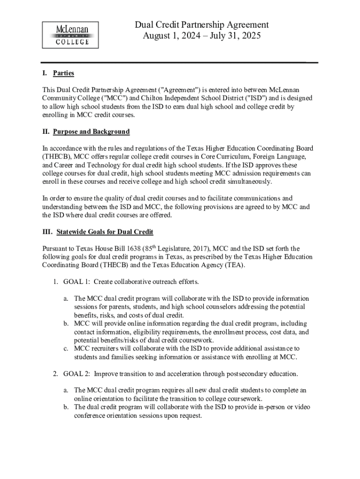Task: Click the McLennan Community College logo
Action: point(72,35)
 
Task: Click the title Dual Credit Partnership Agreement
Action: point(202,25)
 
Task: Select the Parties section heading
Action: point(63,73)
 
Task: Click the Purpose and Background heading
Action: point(91,132)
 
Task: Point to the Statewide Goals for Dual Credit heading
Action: point(105,232)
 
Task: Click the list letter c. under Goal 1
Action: point(66,348)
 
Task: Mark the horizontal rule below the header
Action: point(180,62)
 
